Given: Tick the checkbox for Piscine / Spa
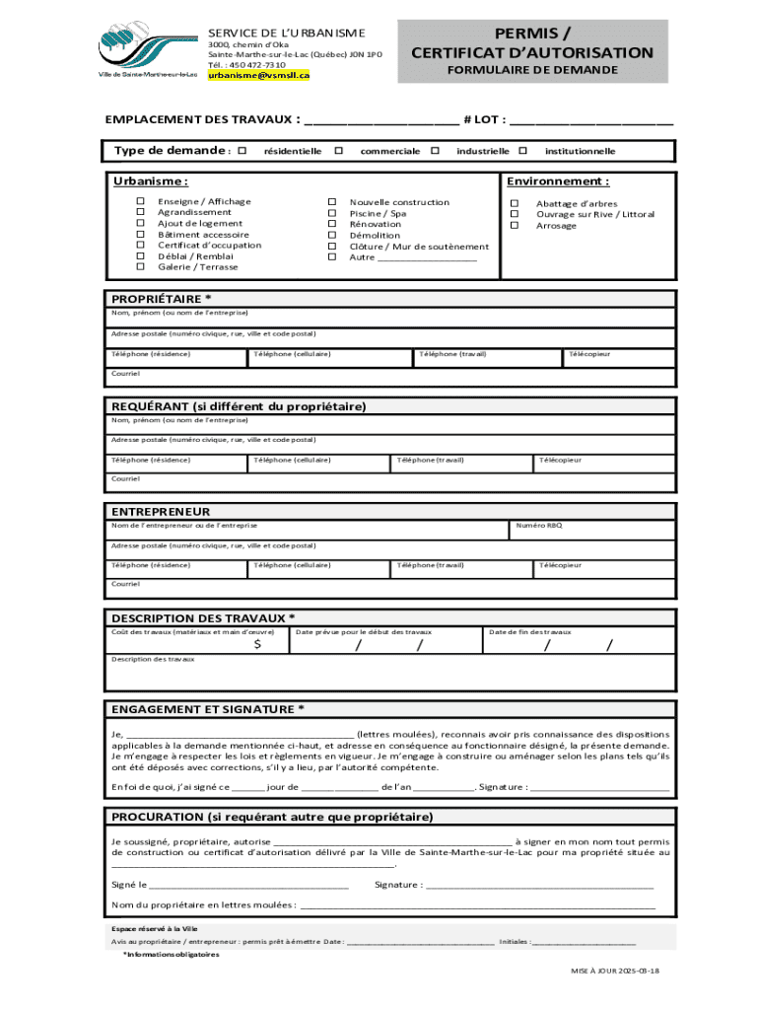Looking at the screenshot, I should tap(332, 213).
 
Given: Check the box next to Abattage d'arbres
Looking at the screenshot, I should tap(514, 203).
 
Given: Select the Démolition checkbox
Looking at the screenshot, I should tap(332, 236).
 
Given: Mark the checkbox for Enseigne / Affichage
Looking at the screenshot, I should tap(140, 202).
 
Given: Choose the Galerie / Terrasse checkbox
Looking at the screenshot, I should tap(140, 267).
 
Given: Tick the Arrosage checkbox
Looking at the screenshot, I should tap(514, 226).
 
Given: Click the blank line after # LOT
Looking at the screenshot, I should tap(591, 122).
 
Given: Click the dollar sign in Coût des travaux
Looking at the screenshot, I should tap(257, 644).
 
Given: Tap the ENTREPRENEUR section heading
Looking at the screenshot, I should tap(161, 512).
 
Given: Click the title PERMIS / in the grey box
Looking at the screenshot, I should tap(532, 33).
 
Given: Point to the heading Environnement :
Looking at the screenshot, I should tap(558, 181).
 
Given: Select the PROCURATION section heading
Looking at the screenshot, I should tap(272, 817).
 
